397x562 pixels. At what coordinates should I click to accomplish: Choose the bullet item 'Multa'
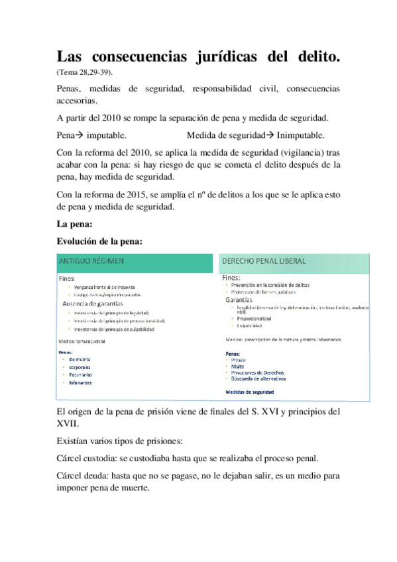(238, 366)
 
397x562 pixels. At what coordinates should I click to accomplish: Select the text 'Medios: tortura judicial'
(82, 341)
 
